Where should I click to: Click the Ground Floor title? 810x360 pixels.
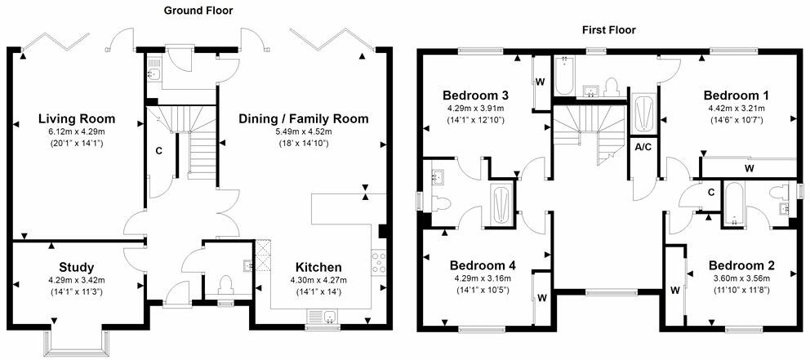coord(198,11)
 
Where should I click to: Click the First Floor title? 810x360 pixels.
coord(608,30)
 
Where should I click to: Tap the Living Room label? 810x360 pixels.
coord(77,118)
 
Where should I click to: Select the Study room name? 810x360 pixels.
coord(76,267)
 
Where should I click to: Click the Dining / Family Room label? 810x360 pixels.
coord(303,118)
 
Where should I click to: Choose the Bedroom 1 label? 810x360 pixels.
coord(737,93)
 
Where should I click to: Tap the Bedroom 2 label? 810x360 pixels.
coord(741,265)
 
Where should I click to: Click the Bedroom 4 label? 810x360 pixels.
coord(482,265)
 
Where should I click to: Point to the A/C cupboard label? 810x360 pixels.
coord(643,147)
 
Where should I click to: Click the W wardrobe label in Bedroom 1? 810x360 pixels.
coord(749,169)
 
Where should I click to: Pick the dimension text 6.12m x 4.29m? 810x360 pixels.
coord(77,133)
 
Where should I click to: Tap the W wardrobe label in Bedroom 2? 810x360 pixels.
coord(675,290)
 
